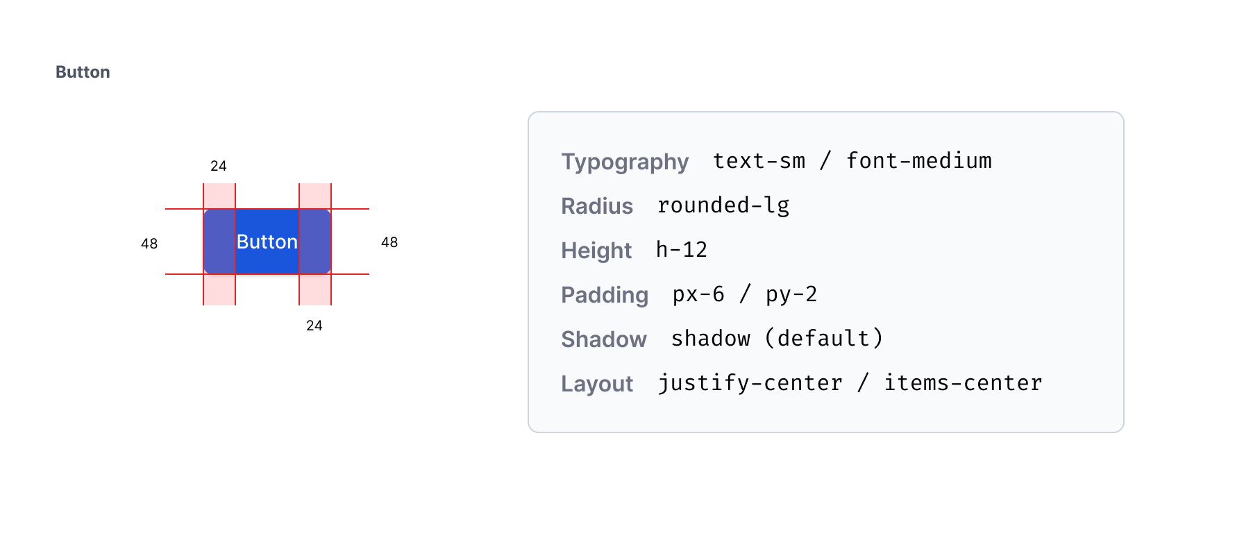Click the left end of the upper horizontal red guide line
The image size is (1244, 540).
point(165,209)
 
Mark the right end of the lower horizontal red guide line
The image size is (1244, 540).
point(369,274)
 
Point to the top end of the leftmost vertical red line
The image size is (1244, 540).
point(203,183)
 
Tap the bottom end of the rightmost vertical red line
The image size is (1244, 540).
point(331,305)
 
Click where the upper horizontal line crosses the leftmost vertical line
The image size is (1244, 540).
point(203,209)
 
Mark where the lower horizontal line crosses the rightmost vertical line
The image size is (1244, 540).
point(331,274)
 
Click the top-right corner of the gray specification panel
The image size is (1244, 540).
point(1124,112)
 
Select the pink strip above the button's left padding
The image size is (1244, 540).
point(219,196)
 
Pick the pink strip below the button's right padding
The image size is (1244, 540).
point(315,290)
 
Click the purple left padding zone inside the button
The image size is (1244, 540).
point(219,242)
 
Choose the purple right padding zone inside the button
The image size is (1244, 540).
point(315,242)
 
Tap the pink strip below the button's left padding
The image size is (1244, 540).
point(219,290)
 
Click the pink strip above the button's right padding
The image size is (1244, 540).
point(315,196)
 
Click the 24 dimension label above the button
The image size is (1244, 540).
point(219,166)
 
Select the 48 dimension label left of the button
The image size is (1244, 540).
point(149,244)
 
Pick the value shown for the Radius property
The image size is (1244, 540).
point(723,205)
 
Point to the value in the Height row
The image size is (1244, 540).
point(682,249)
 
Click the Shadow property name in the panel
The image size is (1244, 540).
point(604,339)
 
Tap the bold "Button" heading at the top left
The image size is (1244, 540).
point(83,72)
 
